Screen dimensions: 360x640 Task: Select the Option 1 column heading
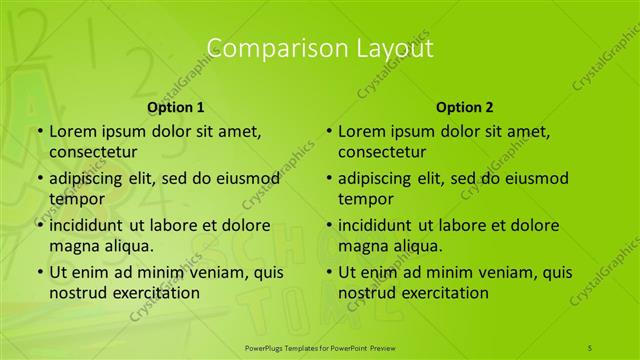(176, 106)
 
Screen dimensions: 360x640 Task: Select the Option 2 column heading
(465, 106)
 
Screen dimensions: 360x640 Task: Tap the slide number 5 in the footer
(590, 347)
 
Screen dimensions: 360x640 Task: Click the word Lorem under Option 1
(74, 131)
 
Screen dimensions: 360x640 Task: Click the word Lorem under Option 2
(363, 131)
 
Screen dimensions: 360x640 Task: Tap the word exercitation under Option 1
(155, 293)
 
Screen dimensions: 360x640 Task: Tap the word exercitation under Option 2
(444, 293)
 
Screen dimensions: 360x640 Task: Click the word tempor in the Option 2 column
(366, 199)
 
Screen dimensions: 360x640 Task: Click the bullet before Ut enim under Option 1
(39, 272)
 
